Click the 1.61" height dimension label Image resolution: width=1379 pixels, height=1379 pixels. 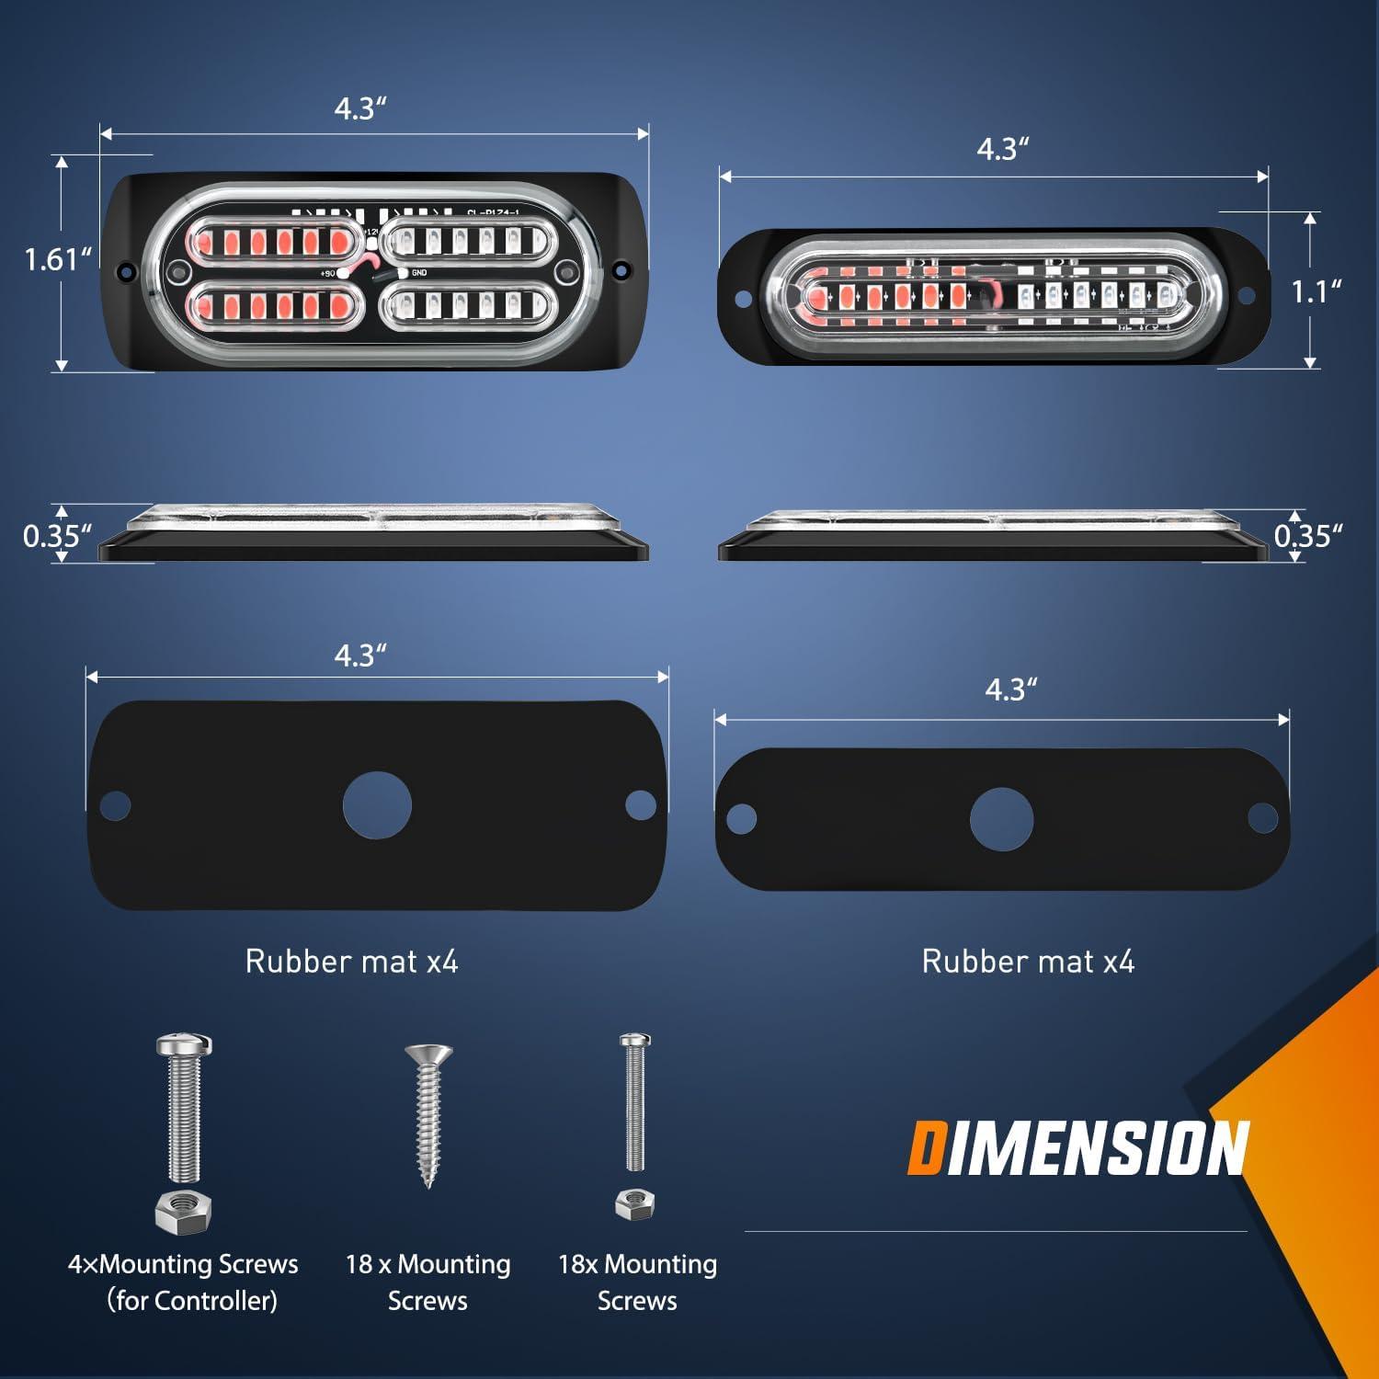[58, 260]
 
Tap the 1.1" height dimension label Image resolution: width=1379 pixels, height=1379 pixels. [1316, 292]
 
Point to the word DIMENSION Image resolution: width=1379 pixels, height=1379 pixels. [1077, 1149]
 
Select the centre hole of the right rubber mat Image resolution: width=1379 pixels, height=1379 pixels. [1001, 819]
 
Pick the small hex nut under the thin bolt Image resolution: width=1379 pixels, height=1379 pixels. [633, 1202]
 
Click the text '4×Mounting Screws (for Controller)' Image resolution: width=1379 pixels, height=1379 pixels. [184, 1282]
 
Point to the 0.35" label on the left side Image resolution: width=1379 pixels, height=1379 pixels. [57, 536]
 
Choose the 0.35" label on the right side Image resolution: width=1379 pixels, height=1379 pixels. [1308, 536]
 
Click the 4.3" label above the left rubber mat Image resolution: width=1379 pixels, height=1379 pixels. [360, 655]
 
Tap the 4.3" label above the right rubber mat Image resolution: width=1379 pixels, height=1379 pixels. [1011, 689]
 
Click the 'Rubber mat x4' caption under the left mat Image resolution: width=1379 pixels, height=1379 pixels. [351, 962]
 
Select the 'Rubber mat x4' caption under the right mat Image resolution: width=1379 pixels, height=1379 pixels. [1028, 962]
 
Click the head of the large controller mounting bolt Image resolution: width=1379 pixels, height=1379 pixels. [185, 1044]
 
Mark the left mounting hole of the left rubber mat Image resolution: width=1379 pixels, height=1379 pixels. [114, 806]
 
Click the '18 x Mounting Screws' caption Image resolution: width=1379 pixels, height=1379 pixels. [427, 1282]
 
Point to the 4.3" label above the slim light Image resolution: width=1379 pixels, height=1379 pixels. [1002, 149]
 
